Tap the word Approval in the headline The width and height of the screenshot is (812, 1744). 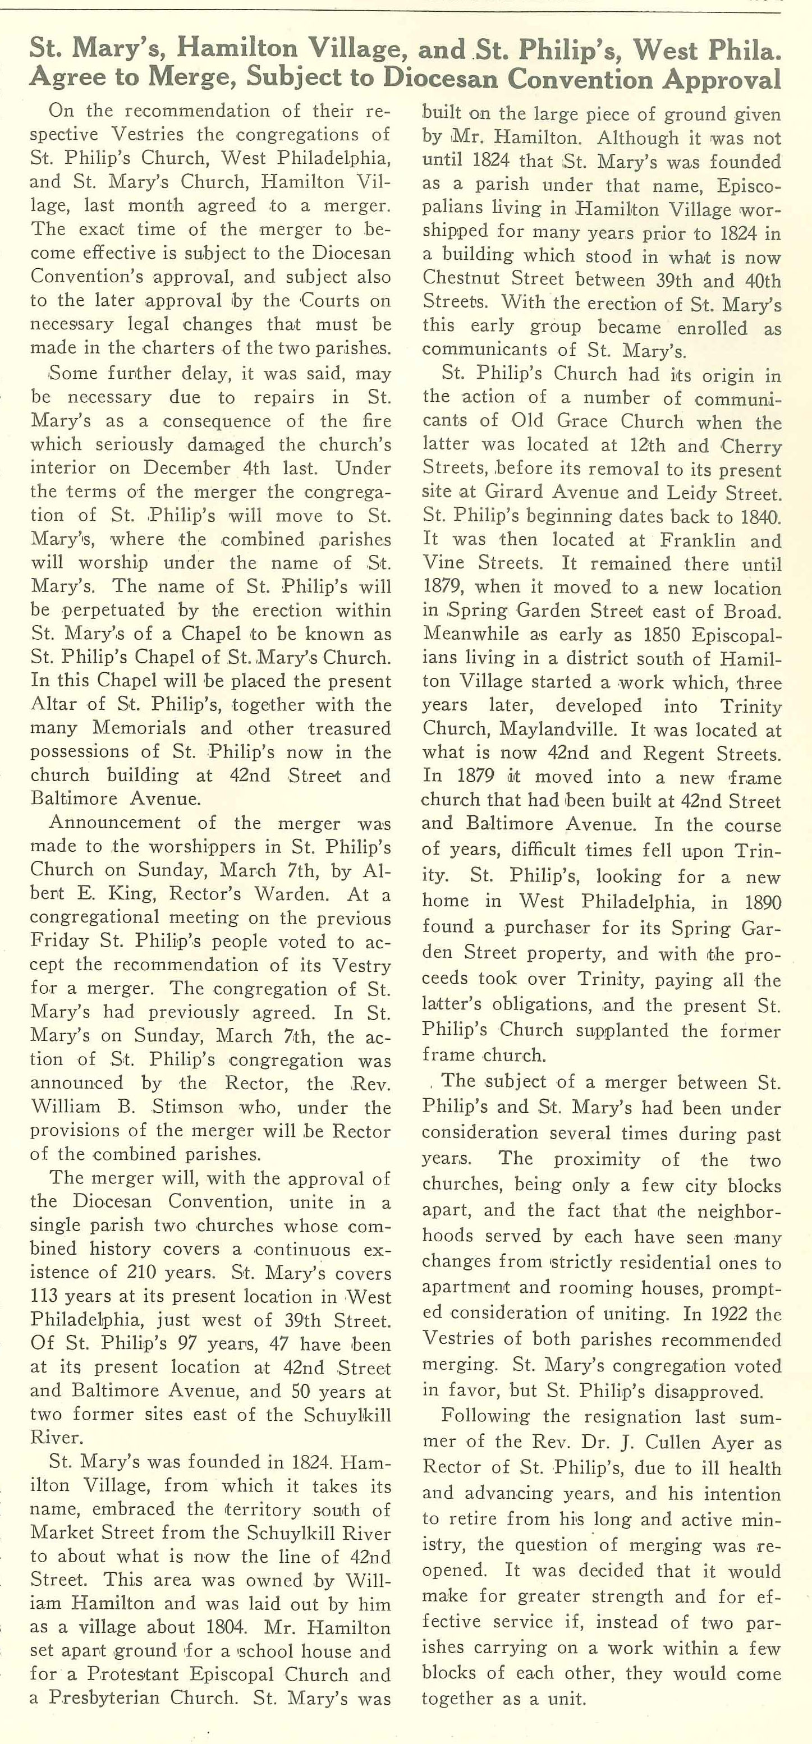(x=721, y=79)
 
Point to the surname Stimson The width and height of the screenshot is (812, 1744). (x=187, y=1107)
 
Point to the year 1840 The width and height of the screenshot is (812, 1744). (x=759, y=517)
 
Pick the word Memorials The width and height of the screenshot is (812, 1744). (x=139, y=728)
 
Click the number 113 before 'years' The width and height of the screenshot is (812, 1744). (x=47, y=1296)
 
